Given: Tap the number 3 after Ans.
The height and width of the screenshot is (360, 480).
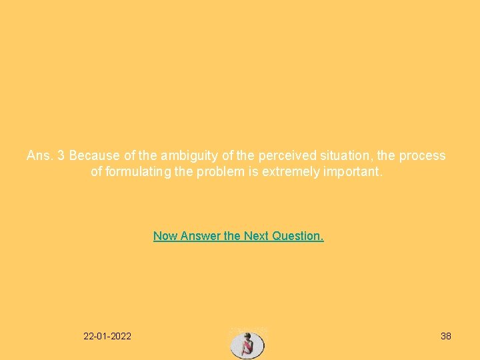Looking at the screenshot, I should point(61,155).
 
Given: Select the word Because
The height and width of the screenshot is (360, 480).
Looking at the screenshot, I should point(95,155).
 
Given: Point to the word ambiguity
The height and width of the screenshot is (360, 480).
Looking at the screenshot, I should point(189,155).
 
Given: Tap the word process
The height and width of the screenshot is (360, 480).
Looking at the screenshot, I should point(422,155).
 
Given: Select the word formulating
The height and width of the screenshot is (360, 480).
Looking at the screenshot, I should point(136,172).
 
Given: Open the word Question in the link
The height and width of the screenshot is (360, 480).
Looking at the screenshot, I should point(299,235).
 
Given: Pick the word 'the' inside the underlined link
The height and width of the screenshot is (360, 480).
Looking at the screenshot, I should point(232,235).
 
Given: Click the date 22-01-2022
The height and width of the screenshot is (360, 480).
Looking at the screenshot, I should point(107,336).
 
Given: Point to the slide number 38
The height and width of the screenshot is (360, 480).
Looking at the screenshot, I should point(446,336).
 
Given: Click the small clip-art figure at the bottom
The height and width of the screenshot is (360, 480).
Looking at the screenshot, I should point(247,344).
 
